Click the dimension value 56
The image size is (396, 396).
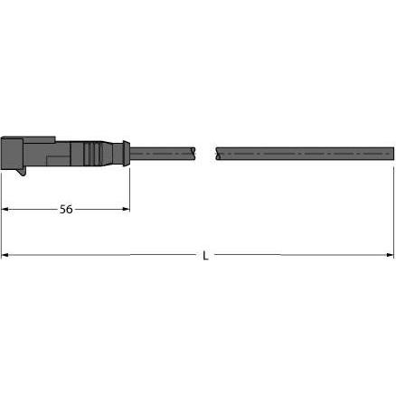pos(65,209)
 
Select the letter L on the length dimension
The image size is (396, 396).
pos(205,256)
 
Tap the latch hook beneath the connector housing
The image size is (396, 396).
pos(23,171)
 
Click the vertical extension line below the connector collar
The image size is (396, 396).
pos(130,190)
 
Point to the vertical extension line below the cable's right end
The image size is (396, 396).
pos(393,208)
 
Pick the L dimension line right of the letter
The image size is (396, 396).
pos(298,256)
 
